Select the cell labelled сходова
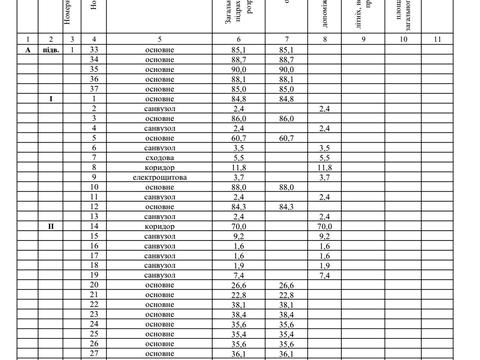coord(160,157)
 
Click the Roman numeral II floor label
coord(51,226)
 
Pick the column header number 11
coord(438,38)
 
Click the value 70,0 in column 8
coord(324,226)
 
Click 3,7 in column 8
coord(324,177)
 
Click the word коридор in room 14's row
coord(160,226)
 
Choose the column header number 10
coord(403,38)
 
